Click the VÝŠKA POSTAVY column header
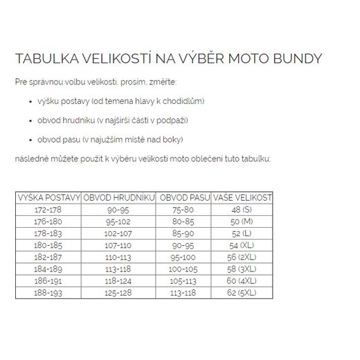click(49, 197)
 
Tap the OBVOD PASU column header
click(183, 197)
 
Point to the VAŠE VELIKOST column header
click(242, 197)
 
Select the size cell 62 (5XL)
click(242, 294)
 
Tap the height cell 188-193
click(49, 294)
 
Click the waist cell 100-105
click(183, 269)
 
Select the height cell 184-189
click(49, 269)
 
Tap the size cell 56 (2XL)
click(242, 257)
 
